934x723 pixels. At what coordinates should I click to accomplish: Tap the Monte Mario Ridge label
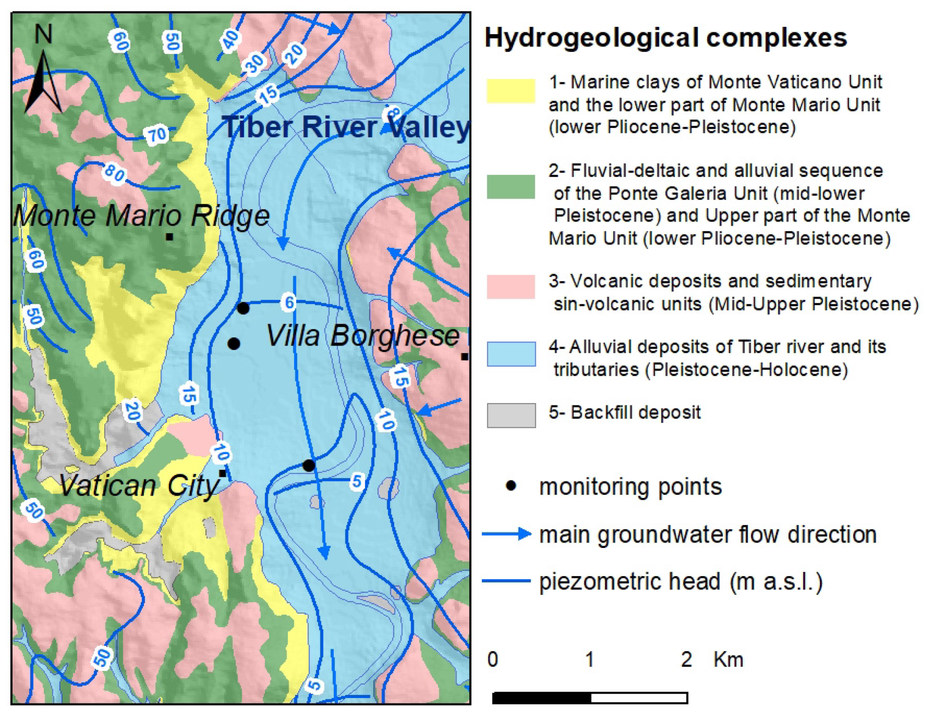pos(141,216)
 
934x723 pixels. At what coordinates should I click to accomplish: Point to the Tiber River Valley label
pos(346,127)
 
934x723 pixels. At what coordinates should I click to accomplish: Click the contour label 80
pos(115,173)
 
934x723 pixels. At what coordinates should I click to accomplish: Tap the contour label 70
pos(157,135)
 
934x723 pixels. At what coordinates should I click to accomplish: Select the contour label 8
pos(393,115)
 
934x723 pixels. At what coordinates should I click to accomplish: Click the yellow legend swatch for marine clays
pos(511,91)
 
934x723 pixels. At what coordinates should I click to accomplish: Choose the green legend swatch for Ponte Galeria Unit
pos(511,187)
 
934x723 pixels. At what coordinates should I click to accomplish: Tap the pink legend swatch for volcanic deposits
pos(511,286)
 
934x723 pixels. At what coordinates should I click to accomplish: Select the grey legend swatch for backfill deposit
pos(511,415)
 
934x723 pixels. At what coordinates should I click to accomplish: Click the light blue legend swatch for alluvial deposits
pos(511,354)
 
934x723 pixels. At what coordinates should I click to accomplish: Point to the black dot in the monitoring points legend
pos(511,486)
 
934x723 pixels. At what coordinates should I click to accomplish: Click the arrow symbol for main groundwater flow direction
pos(507,534)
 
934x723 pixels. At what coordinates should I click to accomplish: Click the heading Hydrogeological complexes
pos(665,38)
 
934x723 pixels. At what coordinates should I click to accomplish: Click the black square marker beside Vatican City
pos(222,473)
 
